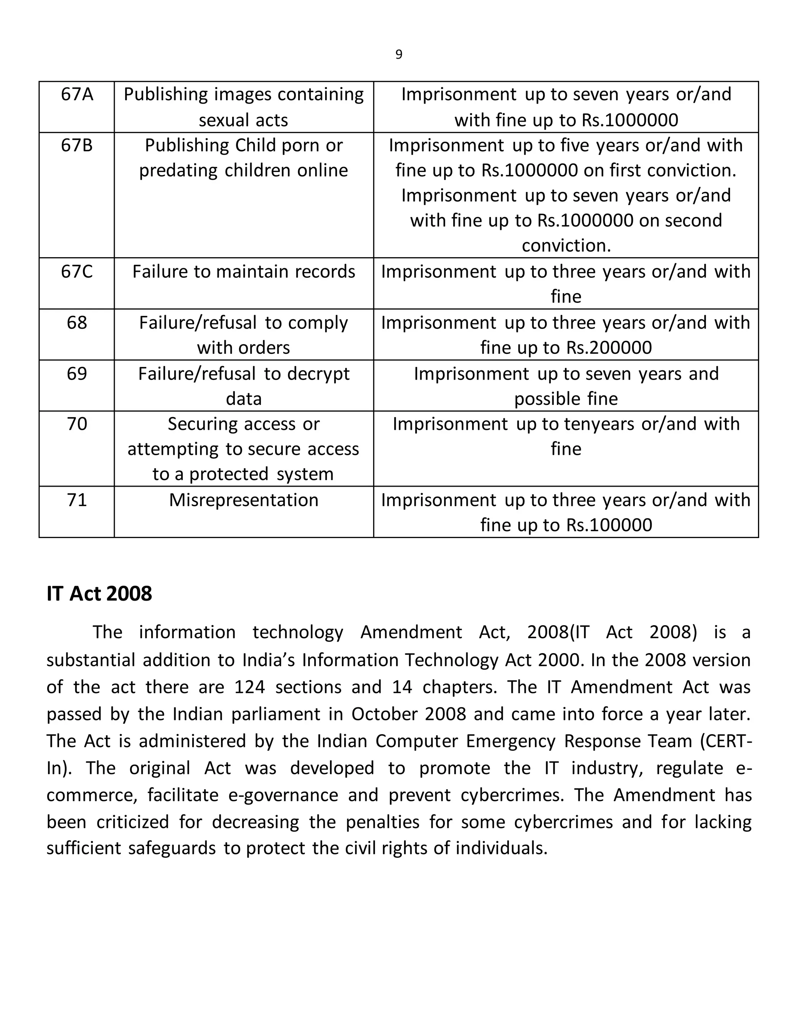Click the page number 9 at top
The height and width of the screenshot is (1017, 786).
click(399, 54)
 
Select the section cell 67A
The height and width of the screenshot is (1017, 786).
click(77, 94)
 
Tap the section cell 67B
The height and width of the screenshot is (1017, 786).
click(77, 145)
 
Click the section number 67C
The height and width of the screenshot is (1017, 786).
click(77, 271)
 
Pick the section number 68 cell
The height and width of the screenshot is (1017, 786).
click(77, 322)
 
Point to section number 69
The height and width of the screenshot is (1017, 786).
click(77, 373)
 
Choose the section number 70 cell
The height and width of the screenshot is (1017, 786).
click(77, 424)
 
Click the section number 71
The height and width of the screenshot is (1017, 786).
click(77, 500)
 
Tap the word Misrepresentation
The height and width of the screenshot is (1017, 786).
click(244, 500)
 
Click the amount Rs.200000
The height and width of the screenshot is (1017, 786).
click(609, 347)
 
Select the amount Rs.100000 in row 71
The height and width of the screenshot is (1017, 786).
click(609, 525)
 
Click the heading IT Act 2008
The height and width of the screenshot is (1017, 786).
click(99, 594)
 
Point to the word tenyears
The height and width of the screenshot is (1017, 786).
click(600, 424)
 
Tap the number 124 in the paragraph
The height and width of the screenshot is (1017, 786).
click(249, 687)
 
